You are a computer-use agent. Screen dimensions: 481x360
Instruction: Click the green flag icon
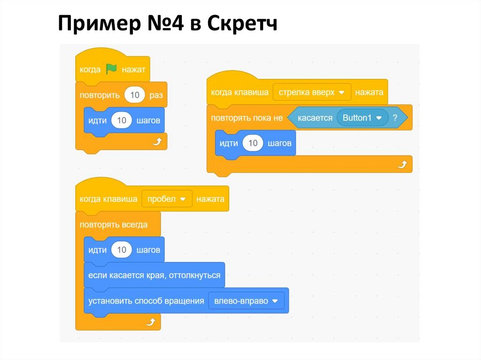(x=111, y=69)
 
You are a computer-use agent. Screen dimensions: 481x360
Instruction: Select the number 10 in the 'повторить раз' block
(x=135, y=95)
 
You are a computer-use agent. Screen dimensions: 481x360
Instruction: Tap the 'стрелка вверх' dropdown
(x=312, y=92)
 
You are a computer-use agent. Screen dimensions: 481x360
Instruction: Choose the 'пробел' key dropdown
(x=167, y=199)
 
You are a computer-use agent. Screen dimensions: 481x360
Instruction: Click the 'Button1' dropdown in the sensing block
(x=362, y=118)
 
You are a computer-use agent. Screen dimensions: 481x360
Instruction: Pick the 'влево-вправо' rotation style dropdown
(x=246, y=301)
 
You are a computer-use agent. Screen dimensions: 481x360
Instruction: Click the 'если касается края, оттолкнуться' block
(x=154, y=276)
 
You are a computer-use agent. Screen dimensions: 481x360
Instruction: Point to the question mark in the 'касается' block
(x=395, y=118)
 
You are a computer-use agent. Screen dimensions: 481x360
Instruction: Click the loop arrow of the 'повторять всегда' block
(x=151, y=322)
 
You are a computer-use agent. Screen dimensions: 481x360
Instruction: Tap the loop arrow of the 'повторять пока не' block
(x=402, y=164)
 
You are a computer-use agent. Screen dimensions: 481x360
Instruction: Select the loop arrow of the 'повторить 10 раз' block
(x=157, y=142)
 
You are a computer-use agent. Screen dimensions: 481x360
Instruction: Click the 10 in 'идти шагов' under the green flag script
(x=122, y=121)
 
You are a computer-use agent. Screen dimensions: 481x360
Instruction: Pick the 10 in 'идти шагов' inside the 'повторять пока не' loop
(x=253, y=143)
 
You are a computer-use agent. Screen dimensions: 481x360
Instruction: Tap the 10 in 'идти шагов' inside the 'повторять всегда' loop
(x=122, y=250)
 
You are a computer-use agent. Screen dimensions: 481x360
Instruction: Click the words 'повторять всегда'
(x=114, y=225)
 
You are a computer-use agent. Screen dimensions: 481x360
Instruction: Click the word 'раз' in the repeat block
(x=156, y=95)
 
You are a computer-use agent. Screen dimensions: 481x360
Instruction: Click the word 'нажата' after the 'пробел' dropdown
(x=210, y=199)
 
